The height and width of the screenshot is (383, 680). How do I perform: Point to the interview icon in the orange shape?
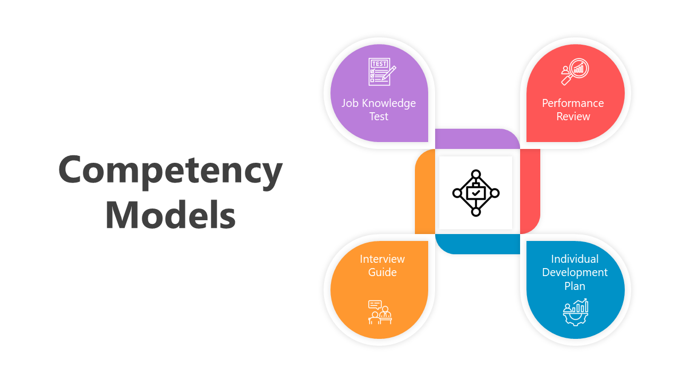[379, 312]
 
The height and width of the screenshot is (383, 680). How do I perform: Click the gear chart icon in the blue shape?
[576, 312]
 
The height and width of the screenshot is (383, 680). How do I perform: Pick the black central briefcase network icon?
[476, 193]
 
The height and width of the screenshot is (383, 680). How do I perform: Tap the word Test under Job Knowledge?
[379, 116]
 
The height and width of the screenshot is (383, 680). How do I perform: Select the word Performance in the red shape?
[573, 103]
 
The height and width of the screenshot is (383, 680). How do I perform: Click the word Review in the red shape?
[573, 116]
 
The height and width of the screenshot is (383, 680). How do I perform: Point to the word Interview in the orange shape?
[382, 259]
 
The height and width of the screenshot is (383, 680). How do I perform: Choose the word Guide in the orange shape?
[382, 272]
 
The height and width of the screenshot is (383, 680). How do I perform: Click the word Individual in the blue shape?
[575, 259]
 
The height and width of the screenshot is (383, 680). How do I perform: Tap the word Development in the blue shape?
[575, 272]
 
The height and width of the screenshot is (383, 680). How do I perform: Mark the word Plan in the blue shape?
[575, 286]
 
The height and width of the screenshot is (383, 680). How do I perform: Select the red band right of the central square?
[530, 191]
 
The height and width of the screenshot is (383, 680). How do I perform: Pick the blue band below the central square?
[477, 244]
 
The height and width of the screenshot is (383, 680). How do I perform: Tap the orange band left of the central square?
[425, 191]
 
